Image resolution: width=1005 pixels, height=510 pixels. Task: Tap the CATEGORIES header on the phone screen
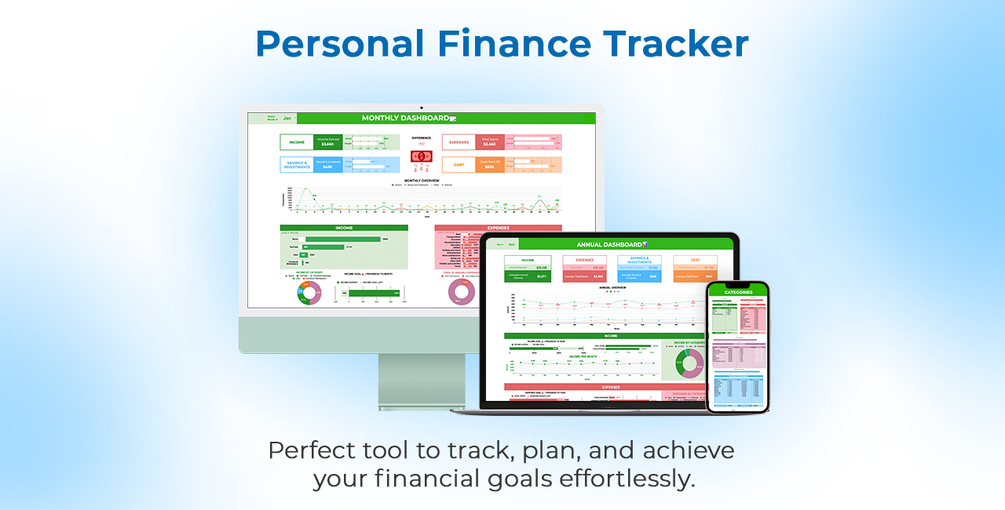coord(737,293)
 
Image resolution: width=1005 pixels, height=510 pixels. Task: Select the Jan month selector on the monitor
coord(287,118)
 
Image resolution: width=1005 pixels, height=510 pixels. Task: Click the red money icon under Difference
coord(421,155)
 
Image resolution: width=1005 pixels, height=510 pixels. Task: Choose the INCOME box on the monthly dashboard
coord(296,143)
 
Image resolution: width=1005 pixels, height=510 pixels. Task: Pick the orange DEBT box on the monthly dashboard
coord(458,166)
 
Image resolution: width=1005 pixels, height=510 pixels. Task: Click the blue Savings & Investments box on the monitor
coord(296,166)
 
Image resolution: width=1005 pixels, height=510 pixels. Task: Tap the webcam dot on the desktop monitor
coord(421,107)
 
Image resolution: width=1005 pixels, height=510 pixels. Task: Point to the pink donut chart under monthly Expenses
coord(462,291)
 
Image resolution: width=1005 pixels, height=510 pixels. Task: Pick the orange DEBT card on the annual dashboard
coord(694,267)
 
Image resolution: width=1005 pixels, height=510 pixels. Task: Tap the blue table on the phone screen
coord(737,387)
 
